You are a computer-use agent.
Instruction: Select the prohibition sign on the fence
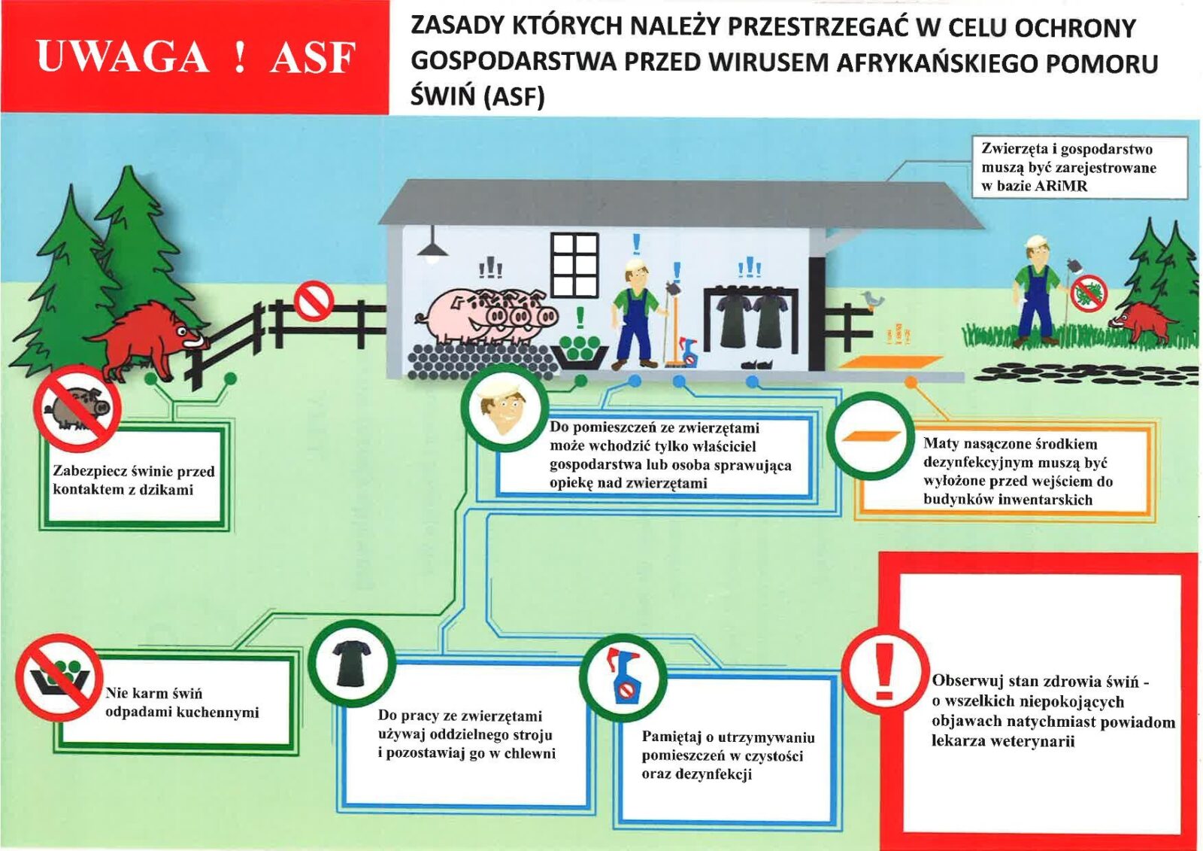[x=313, y=300]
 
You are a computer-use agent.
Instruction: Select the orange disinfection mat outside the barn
[x=889, y=362]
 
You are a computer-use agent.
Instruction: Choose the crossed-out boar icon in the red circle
[x=77, y=408]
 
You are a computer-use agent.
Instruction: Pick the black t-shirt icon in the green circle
[x=351, y=663]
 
